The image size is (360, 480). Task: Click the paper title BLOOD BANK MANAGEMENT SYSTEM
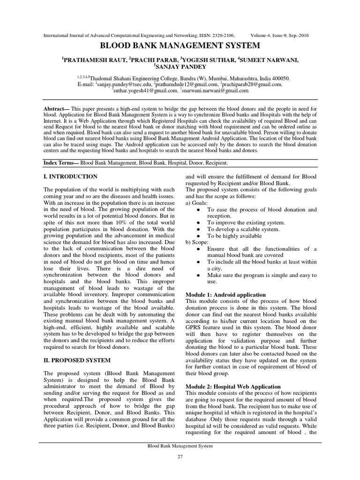[180, 46]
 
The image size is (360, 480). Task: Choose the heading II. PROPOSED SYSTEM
[77, 360]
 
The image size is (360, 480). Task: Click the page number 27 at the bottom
[180, 457]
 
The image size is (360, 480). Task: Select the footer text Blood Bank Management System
[180, 446]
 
